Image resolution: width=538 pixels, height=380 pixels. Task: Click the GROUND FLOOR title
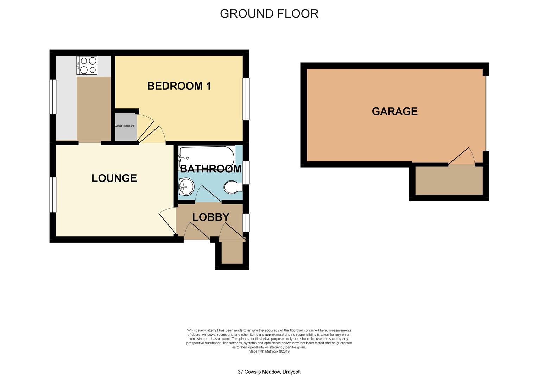[269, 14]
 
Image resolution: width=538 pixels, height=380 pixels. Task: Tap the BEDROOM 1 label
[179, 86]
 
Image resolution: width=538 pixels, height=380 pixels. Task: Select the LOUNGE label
[114, 178]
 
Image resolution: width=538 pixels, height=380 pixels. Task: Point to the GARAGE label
[394, 111]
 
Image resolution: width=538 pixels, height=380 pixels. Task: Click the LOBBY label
[211, 217]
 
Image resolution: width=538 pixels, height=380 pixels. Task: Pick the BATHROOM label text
[211, 169]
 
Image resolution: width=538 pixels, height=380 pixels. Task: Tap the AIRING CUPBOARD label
[125, 126]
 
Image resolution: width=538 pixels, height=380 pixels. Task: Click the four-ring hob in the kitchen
[87, 65]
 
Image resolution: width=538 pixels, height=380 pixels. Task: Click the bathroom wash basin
[186, 186]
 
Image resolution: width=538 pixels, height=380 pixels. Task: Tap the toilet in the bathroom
[233, 187]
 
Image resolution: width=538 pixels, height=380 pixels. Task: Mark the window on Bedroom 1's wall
[246, 99]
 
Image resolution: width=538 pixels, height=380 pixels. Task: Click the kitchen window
[52, 97]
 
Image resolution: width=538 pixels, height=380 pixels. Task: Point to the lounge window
[52, 195]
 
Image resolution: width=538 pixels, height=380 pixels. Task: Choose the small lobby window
[246, 223]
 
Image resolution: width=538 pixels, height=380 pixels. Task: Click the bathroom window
[246, 173]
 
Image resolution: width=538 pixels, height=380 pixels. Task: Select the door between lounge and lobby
[167, 221]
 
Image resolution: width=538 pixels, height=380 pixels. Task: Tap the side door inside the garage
[461, 156]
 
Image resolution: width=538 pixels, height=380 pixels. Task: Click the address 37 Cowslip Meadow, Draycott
[269, 372]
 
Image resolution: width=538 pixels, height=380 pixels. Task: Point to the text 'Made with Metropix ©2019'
[269, 351]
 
